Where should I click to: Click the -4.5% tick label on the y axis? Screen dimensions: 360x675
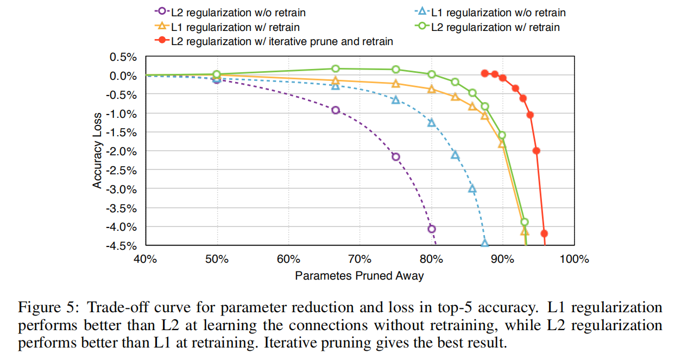(x=122, y=245)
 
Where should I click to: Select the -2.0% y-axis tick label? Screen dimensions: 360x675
(x=122, y=151)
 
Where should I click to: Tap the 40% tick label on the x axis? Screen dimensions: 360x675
(x=145, y=259)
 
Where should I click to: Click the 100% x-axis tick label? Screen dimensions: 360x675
(x=574, y=259)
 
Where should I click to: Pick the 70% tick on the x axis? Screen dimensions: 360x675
(x=359, y=259)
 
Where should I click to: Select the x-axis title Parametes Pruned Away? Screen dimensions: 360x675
(x=359, y=276)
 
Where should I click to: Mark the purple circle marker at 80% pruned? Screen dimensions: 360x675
(x=431, y=229)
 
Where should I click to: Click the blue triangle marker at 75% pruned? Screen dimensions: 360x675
(x=395, y=100)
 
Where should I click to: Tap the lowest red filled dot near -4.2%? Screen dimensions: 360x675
(x=544, y=233)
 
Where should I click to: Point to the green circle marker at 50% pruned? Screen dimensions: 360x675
(x=217, y=74)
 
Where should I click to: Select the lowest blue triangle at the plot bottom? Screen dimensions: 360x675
(x=484, y=243)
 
